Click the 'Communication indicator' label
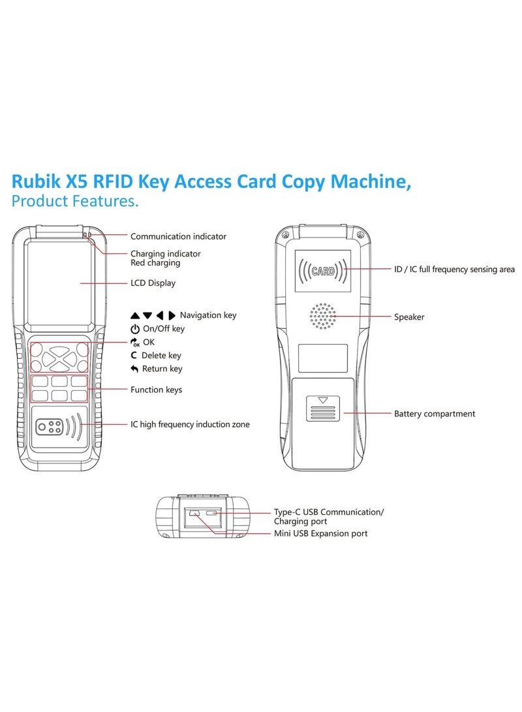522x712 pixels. [x=178, y=236]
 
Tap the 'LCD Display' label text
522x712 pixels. [x=153, y=283]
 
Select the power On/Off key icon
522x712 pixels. [x=134, y=329]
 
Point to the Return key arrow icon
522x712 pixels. [x=134, y=369]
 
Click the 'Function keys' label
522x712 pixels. [x=156, y=390]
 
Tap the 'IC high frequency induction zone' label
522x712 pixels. [x=190, y=424]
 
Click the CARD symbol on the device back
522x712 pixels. [x=322, y=270]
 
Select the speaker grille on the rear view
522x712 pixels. [x=322, y=317]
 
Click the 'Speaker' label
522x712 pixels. [x=409, y=317]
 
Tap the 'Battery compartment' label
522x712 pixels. [x=435, y=414]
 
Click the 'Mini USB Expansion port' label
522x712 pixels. [x=320, y=533]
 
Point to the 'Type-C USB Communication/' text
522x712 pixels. [x=328, y=512]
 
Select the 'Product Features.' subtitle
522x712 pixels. [x=75, y=201]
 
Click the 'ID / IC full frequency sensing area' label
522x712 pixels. [x=454, y=270]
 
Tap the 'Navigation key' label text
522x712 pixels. [x=207, y=315]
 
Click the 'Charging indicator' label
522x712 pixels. [x=165, y=253]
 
